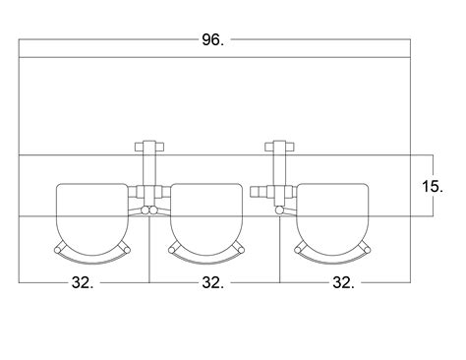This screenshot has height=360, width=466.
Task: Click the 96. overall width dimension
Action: (213, 40)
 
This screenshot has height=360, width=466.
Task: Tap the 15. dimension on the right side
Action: (433, 187)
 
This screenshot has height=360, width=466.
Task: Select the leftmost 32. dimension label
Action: (83, 282)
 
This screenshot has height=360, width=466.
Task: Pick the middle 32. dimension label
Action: (213, 282)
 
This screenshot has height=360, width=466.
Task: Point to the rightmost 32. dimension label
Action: (343, 282)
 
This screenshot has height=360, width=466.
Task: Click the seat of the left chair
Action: (92, 219)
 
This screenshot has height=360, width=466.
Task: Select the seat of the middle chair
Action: (206, 219)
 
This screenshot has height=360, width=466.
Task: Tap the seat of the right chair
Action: (332, 219)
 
